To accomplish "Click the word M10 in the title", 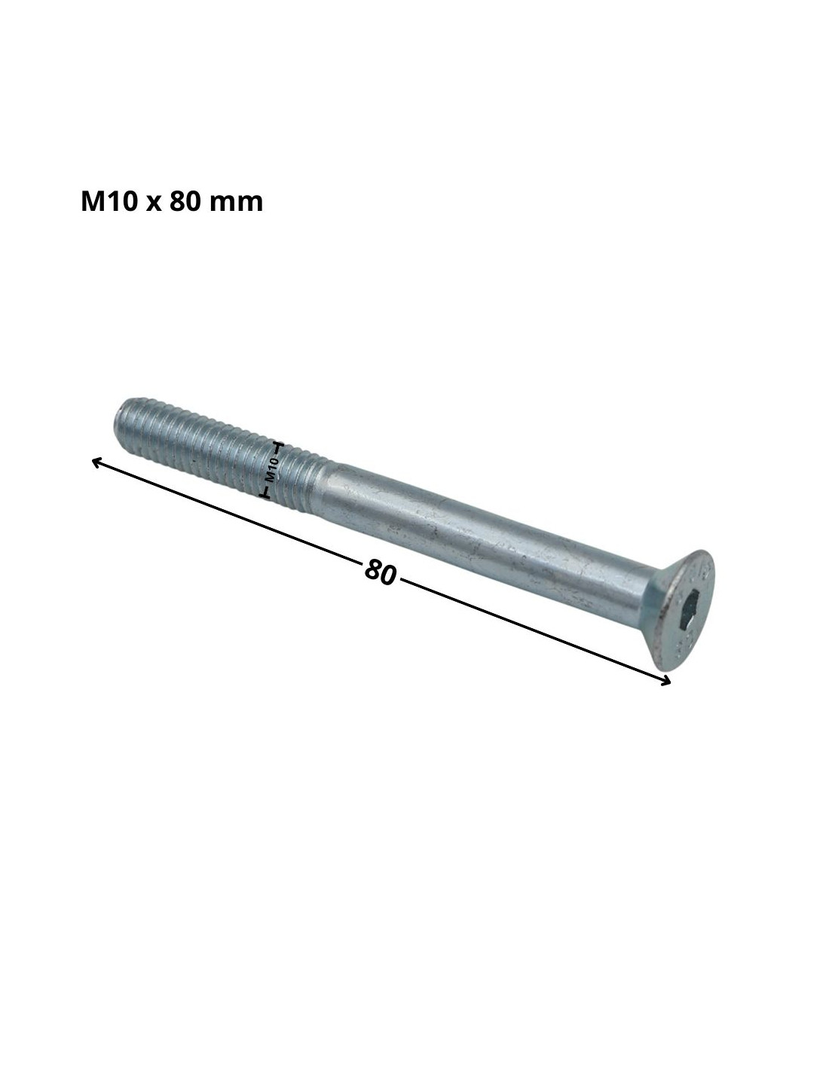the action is (109, 202).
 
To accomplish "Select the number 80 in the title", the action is (184, 202).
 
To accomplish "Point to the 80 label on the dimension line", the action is (381, 572).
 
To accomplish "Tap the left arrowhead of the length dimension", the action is (97, 462).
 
